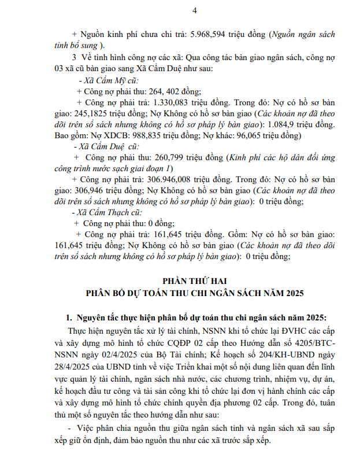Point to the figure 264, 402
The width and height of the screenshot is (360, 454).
click(167, 91)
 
